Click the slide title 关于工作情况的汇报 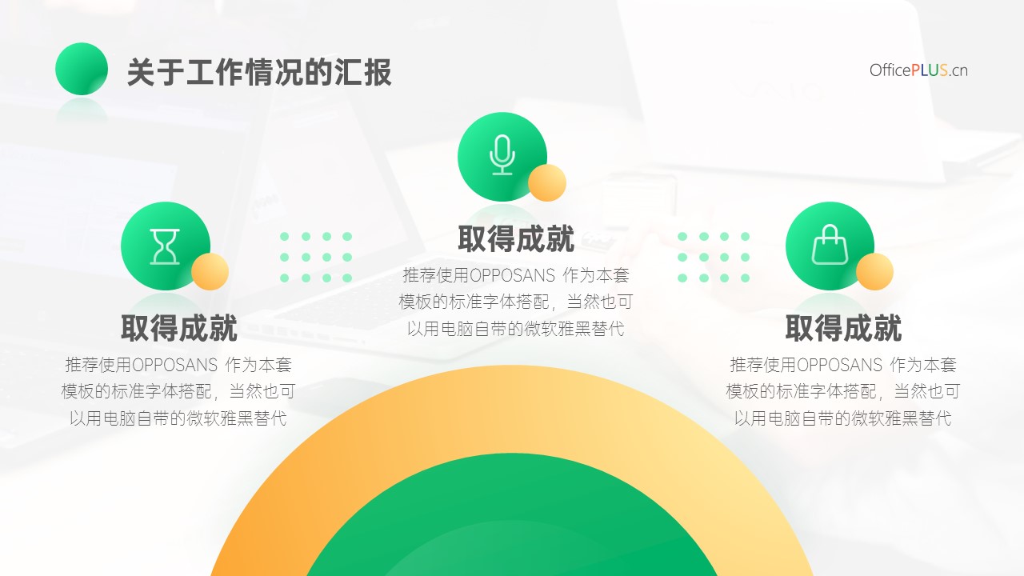(x=259, y=72)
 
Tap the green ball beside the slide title (x=82, y=69)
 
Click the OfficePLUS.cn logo (x=918, y=70)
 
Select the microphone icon (x=502, y=155)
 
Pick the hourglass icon (x=165, y=247)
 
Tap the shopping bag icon (x=830, y=245)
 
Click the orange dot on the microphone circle (x=547, y=183)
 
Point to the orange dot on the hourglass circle (x=210, y=271)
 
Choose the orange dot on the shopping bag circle (x=874, y=271)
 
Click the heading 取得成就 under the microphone (x=516, y=238)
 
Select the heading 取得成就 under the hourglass (x=178, y=328)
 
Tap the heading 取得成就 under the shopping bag (x=843, y=328)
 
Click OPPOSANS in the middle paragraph (x=512, y=276)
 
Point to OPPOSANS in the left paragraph (x=174, y=366)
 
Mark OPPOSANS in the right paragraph (x=839, y=366)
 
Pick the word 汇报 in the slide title (x=363, y=72)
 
